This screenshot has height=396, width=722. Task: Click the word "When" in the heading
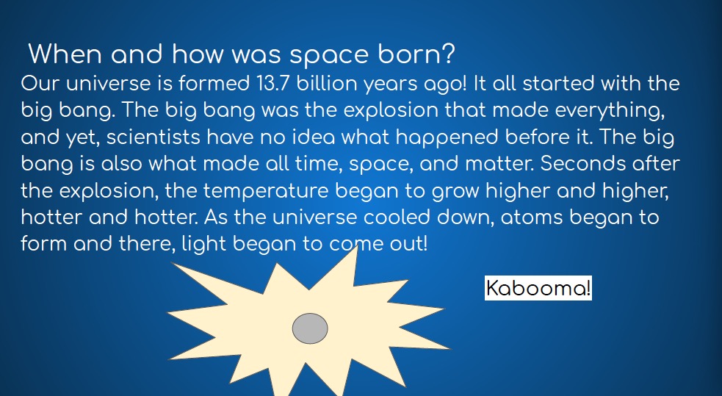65,54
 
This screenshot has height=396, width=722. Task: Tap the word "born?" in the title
416,54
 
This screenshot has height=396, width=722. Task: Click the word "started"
558,83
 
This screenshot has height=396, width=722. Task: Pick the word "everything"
610,111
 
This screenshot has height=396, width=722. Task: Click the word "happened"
447,138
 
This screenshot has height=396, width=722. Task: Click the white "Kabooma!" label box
538,288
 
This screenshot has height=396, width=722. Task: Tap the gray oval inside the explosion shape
311,328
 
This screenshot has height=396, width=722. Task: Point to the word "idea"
311,137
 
